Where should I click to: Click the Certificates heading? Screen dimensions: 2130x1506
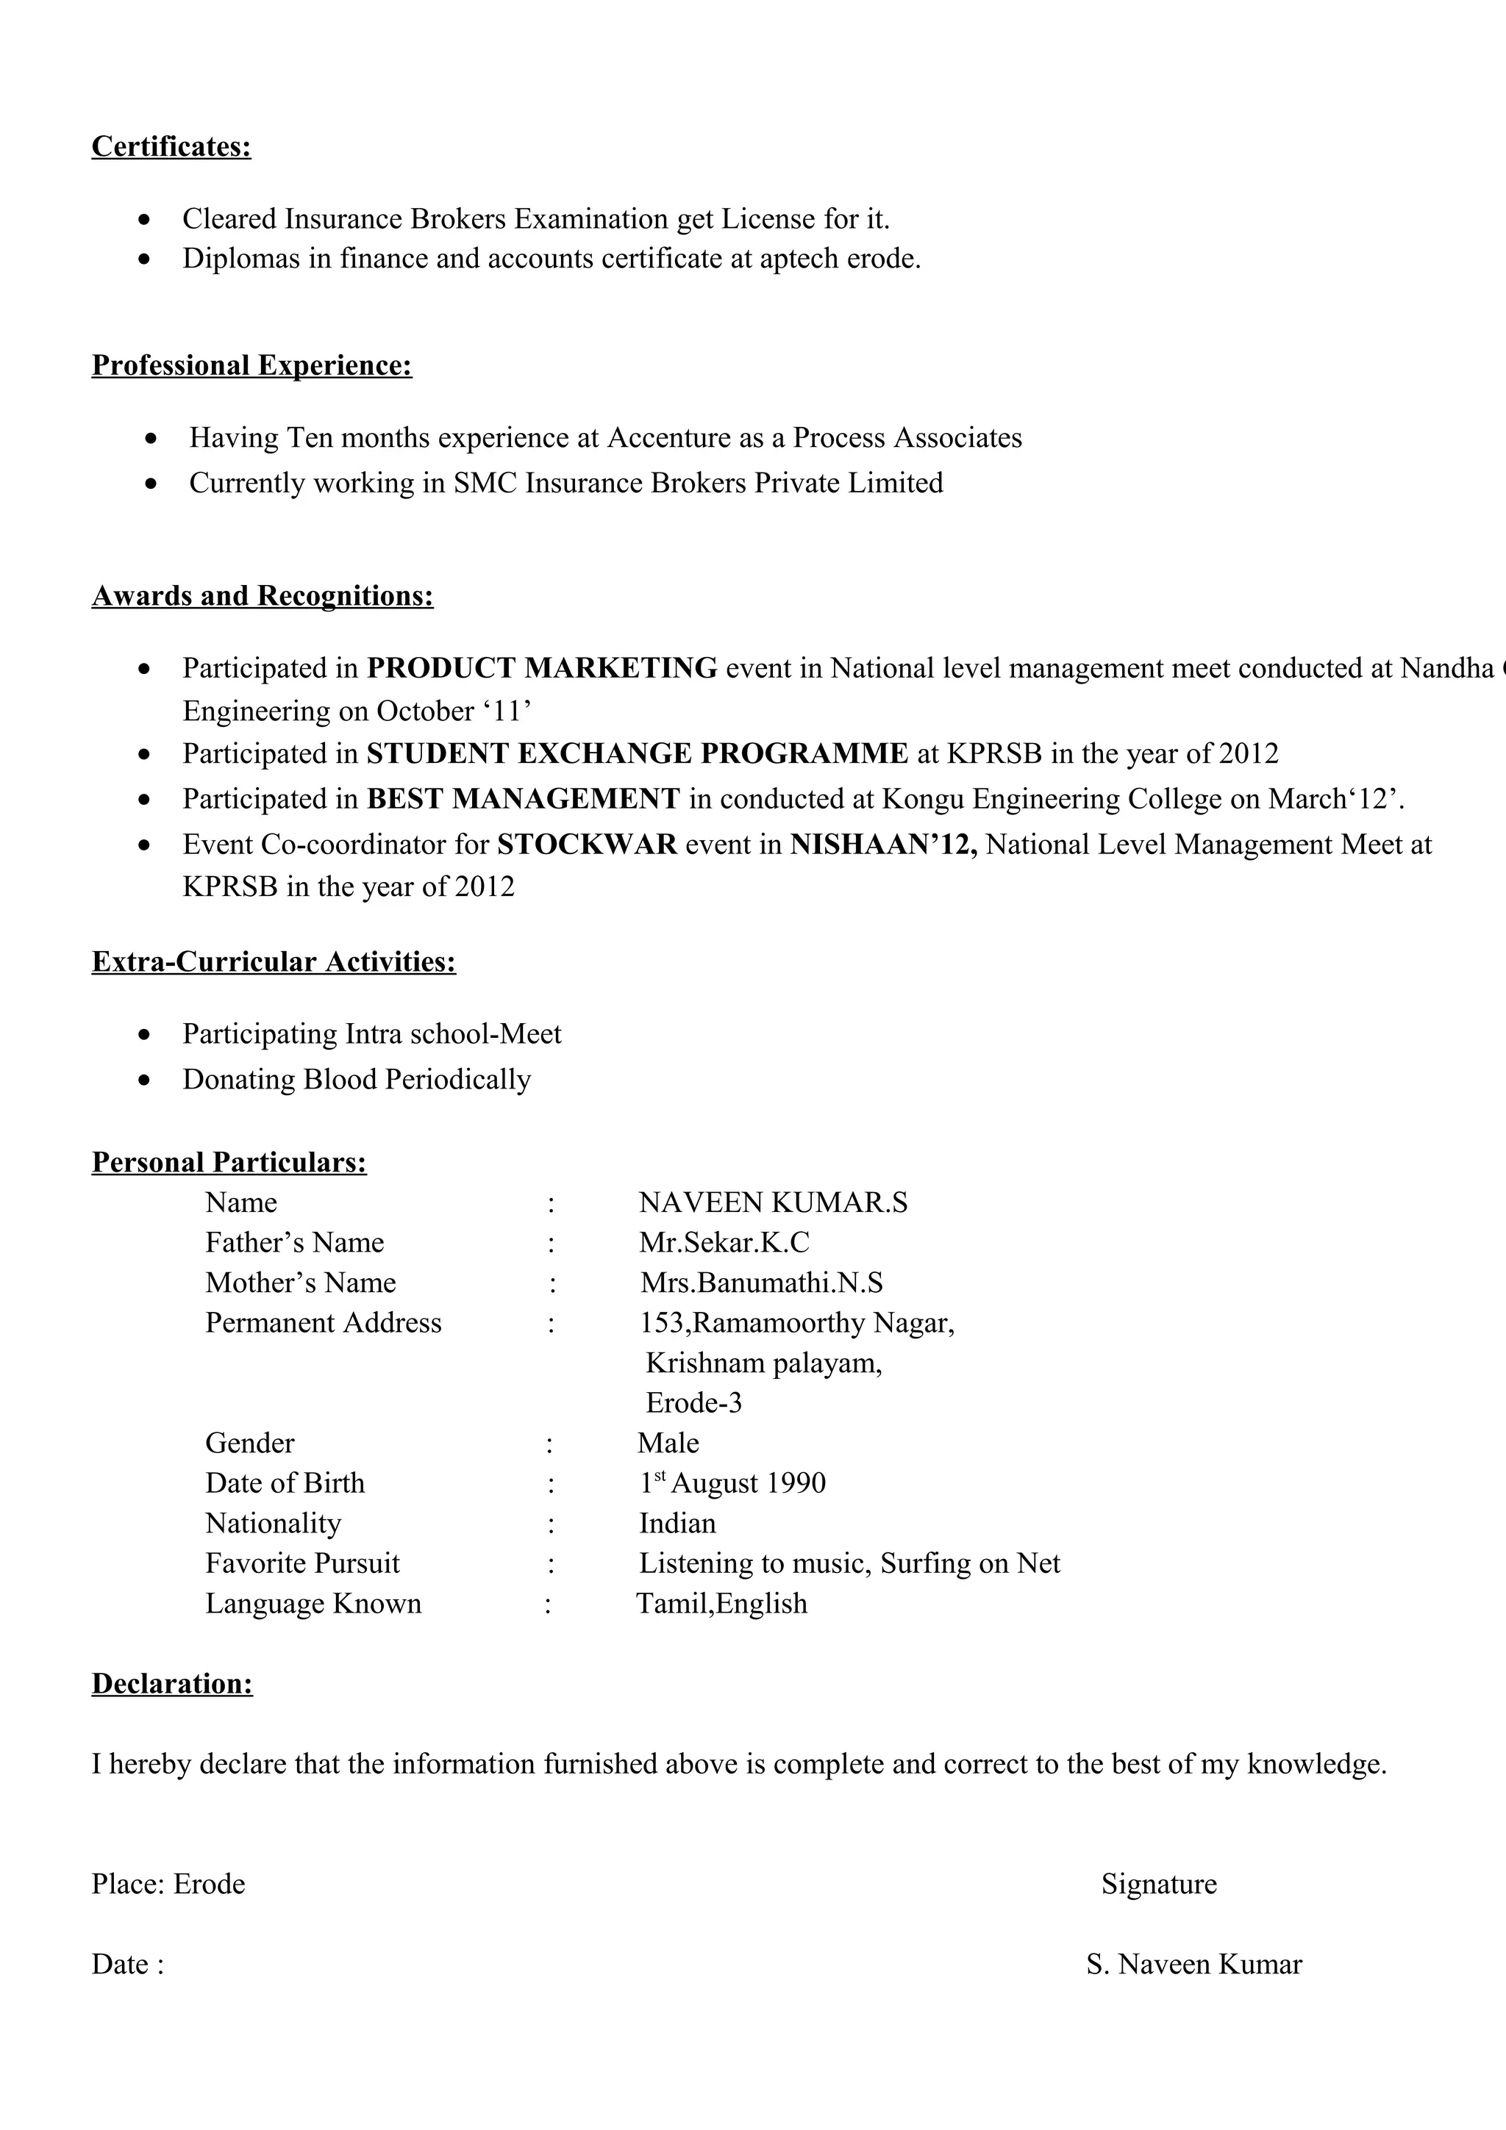(x=171, y=146)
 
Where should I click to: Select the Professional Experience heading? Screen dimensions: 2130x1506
(x=251, y=365)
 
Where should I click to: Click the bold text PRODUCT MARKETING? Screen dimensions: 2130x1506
(x=542, y=668)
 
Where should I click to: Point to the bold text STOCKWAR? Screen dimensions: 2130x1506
(x=588, y=845)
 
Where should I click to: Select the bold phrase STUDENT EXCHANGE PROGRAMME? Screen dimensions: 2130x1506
(x=638, y=753)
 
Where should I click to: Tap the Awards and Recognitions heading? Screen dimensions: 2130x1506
(x=263, y=595)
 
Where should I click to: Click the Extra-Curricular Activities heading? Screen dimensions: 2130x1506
(x=274, y=962)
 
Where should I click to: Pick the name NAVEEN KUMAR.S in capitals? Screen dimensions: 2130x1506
(x=773, y=1203)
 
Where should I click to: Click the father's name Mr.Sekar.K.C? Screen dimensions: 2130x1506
(x=724, y=1243)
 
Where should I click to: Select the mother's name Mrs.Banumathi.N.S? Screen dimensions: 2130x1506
(x=761, y=1283)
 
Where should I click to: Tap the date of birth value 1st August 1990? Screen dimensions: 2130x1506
(x=732, y=1483)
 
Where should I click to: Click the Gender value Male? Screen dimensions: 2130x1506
(x=668, y=1444)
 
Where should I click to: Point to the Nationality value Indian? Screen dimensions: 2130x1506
(x=677, y=1524)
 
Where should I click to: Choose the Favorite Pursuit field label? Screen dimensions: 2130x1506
(x=302, y=1563)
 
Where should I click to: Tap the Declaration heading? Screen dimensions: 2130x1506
(x=171, y=1684)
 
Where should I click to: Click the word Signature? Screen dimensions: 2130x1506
(x=1159, y=1885)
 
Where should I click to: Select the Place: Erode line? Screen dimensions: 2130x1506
(x=168, y=1885)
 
